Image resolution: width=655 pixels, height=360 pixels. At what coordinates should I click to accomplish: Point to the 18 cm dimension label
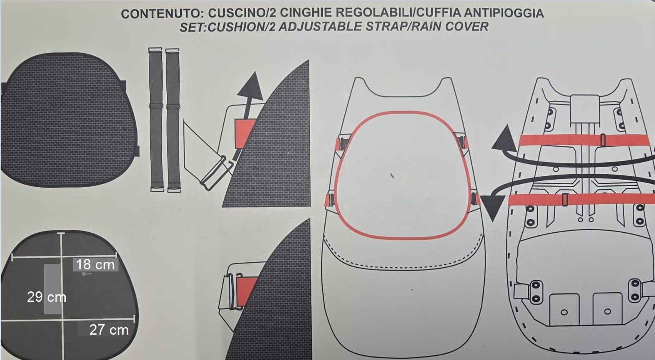[95, 265]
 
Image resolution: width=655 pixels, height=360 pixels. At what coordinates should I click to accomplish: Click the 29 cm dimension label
[47, 297]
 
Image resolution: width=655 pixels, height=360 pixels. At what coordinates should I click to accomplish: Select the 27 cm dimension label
[109, 330]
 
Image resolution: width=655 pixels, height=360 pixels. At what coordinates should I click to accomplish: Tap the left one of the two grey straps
[156, 120]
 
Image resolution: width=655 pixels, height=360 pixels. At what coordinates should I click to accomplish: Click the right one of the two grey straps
[173, 120]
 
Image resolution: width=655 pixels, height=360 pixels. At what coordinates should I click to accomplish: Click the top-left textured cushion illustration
[69, 120]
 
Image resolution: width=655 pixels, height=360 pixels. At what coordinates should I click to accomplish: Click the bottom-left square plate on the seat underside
[564, 310]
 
